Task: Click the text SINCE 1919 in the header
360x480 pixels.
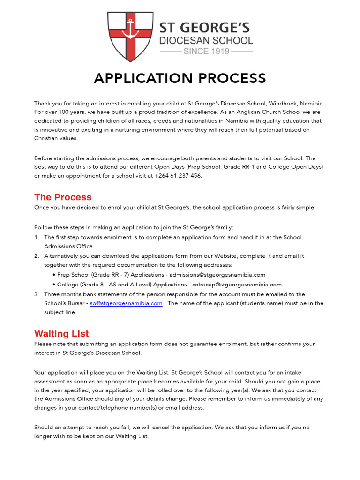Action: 206,51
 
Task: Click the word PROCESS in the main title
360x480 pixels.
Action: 232,78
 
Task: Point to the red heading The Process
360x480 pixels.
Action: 63,197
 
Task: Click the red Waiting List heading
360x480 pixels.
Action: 61,334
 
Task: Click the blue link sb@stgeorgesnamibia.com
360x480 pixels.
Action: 126,303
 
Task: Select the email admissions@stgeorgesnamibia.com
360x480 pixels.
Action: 217,275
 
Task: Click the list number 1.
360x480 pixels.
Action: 37,237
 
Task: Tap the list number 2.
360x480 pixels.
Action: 37,256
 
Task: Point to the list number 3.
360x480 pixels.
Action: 37,294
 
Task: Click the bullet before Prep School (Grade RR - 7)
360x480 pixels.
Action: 54,275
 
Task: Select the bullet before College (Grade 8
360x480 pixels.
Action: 54,285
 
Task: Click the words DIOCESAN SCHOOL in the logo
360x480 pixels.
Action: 206,40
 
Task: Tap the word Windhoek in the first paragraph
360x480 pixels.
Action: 282,103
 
